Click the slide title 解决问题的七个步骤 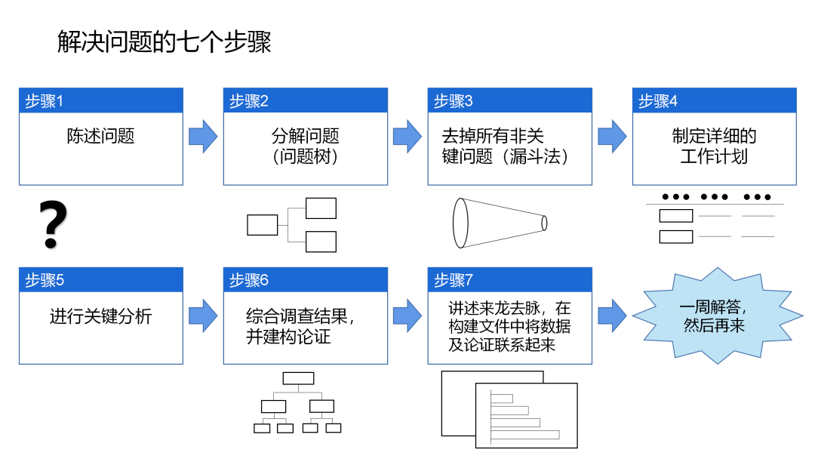[x=165, y=42]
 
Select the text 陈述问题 [x=100, y=137]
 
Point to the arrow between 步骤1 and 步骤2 [x=203, y=137]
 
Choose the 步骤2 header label [x=249, y=101]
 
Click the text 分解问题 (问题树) [x=305, y=146]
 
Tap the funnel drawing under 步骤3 [x=499, y=223]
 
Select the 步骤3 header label [x=454, y=101]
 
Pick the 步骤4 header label [x=658, y=101]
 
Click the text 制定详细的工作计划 [x=714, y=146]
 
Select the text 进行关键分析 [x=100, y=316]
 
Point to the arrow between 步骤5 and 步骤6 [x=203, y=316]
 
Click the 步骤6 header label [x=249, y=280]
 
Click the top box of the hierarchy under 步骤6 [x=297, y=378]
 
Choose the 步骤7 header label [x=454, y=280]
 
